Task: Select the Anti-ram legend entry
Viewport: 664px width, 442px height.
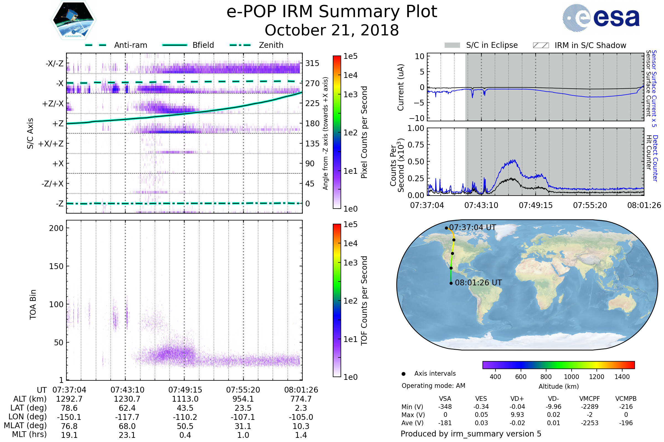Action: [x=116, y=45]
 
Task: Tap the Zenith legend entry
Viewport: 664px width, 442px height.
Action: [x=257, y=45]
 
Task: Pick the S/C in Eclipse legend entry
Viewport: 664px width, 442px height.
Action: [x=481, y=45]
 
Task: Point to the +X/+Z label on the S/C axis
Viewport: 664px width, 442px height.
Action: [x=51, y=144]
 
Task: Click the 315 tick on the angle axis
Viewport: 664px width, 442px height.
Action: [x=312, y=63]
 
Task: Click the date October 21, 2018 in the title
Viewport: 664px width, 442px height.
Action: [x=332, y=30]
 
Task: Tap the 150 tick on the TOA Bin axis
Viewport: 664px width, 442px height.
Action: [x=56, y=266]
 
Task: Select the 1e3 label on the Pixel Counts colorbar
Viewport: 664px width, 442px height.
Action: [x=350, y=94]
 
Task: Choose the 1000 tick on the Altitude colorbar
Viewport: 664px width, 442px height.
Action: [x=571, y=377]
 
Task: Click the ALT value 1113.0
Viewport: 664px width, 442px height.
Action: [x=185, y=399]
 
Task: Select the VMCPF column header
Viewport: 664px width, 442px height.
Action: [x=590, y=399]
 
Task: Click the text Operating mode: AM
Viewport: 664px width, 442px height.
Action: [x=433, y=386]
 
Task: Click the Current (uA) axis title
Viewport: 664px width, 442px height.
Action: [x=401, y=87]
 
